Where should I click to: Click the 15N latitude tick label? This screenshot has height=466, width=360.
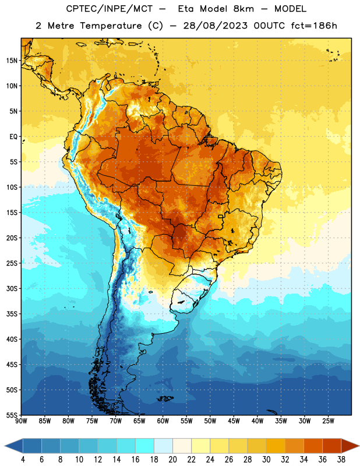pyautogui.click(x=12, y=61)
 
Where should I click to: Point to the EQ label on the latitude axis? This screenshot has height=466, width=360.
pyautogui.click(x=13, y=137)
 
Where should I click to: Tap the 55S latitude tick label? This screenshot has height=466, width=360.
pyautogui.click(x=12, y=415)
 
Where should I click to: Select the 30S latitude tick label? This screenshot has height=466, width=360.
pyautogui.click(x=12, y=288)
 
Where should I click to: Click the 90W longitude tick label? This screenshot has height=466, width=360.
pyautogui.click(x=21, y=421)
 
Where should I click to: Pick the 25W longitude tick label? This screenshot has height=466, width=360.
pyautogui.click(x=328, y=421)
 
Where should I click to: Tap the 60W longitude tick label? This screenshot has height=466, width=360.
pyautogui.click(x=163, y=421)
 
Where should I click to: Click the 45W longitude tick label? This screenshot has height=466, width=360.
pyautogui.click(x=234, y=421)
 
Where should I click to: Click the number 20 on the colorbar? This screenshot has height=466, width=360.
pyautogui.click(x=172, y=460)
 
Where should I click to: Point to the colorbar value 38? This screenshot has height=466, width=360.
pyautogui.click(x=341, y=460)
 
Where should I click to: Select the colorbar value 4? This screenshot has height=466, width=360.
pyautogui.click(x=23, y=460)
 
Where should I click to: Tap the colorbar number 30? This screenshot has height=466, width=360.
pyautogui.click(x=266, y=460)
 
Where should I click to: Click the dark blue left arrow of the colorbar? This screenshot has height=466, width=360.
pyautogui.click(x=14, y=446)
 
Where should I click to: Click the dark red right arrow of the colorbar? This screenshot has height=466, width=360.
pyautogui.click(x=350, y=446)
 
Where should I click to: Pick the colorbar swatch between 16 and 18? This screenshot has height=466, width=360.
pyautogui.click(x=144, y=446)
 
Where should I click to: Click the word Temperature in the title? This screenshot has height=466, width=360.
pyautogui.click(x=111, y=26)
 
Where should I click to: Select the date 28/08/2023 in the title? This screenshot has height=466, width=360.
pyautogui.click(x=216, y=26)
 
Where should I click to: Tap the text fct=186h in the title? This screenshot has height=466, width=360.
pyautogui.click(x=314, y=26)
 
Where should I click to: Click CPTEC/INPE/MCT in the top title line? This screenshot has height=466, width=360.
pyautogui.click(x=110, y=9)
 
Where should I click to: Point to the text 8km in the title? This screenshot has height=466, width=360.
pyautogui.click(x=243, y=9)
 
